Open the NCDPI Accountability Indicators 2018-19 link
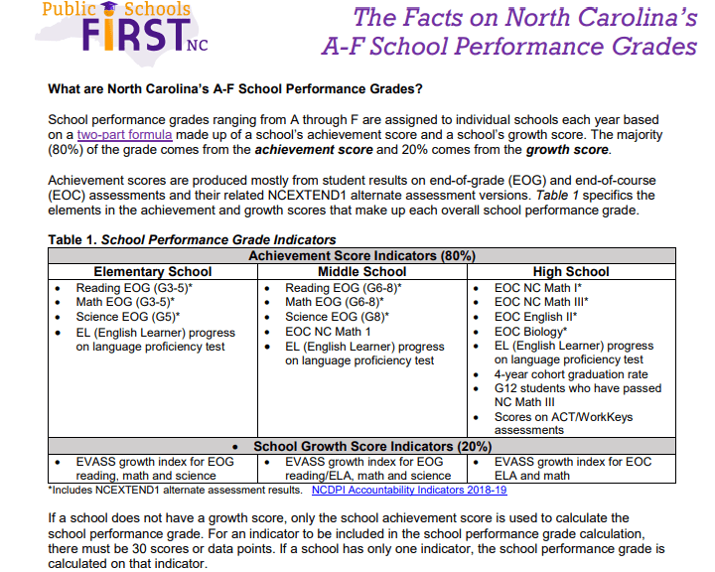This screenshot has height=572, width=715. (x=409, y=490)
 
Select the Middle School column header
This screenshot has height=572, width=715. (x=361, y=271)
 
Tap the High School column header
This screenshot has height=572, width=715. (x=571, y=271)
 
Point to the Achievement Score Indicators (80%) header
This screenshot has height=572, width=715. (x=361, y=256)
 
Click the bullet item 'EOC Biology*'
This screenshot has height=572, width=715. (x=530, y=331)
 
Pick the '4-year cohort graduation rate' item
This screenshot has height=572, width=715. (x=571, y=374)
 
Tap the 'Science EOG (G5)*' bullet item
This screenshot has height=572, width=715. (x=128, y=317)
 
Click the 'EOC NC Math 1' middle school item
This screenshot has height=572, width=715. (x=328, y=331)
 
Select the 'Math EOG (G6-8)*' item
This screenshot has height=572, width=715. (x=335, y=302)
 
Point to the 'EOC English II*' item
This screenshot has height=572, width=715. (x=535, y=317)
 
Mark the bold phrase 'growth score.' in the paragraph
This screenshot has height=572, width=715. (x=568, y=150)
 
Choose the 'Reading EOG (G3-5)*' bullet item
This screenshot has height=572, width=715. (x=135, y=288)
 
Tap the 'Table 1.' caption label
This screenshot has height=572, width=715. (x=72, y=239)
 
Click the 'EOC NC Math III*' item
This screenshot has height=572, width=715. (x=541, y=302)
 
